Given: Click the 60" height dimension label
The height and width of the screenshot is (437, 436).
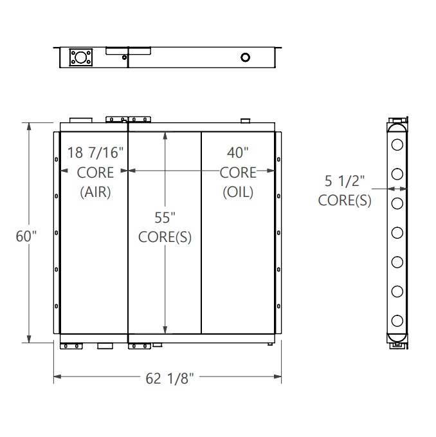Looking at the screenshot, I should (26, 236).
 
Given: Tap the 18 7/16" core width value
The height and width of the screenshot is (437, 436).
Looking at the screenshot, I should (96, 153).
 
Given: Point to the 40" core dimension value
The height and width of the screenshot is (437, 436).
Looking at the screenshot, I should (238, 153).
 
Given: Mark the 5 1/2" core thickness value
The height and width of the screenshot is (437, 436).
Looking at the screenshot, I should (344, 181).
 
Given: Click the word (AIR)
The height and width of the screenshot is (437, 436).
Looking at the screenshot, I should (95, 192).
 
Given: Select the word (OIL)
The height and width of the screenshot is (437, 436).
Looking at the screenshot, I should (238, 192).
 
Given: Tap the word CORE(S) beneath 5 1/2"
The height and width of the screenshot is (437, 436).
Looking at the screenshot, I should (344, 201).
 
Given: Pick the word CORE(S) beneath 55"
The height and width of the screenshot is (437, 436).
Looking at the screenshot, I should (165, 236).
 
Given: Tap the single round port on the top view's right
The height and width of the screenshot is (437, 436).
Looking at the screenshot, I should (245, 58).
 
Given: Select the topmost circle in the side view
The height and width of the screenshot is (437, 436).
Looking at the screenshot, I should (397, 144).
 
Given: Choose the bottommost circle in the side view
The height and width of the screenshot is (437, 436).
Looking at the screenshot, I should (397, 320).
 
